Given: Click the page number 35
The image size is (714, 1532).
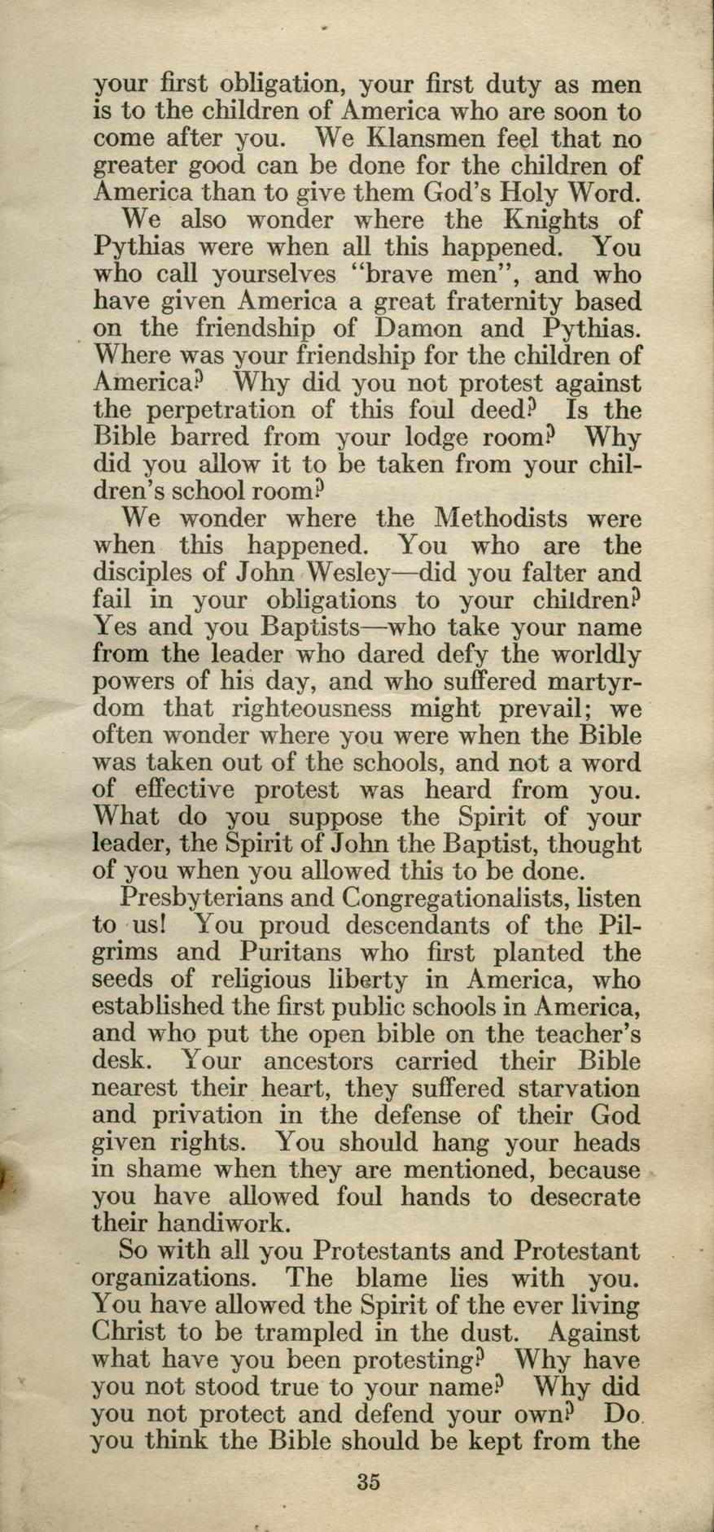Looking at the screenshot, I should (368, 1480).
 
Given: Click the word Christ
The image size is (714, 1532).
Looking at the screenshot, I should (134, 1333).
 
